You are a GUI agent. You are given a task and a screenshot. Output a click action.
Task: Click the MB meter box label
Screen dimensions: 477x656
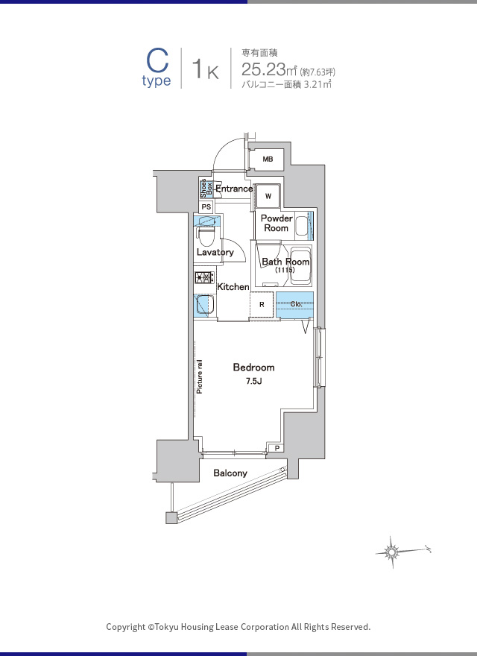(x=268, y=159)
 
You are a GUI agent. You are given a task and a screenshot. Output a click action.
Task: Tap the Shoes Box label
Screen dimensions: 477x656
(x=206, y=189)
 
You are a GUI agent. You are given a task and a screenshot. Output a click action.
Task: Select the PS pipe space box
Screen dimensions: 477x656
(x=206, y=206)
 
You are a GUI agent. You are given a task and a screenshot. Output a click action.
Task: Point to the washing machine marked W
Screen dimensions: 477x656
(x=268, y=196)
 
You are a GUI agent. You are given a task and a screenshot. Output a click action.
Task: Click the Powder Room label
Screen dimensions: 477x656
(x=277, y=223)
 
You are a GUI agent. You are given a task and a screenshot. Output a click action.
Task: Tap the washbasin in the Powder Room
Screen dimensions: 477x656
(x=302, y=226)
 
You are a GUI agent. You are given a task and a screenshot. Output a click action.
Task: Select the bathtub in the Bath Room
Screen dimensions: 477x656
(x=300, y=266)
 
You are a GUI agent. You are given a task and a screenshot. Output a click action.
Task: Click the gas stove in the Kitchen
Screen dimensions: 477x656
(x=204, y=277)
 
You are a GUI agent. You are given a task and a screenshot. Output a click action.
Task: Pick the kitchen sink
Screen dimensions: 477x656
(x=204, y=305)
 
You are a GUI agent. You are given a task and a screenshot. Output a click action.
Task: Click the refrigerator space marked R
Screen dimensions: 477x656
(x=262, y=305)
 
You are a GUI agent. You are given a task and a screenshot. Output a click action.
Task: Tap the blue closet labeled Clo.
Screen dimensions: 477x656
(x=295, y=305)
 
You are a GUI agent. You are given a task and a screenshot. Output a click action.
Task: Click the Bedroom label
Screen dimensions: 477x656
(x=254, y=368)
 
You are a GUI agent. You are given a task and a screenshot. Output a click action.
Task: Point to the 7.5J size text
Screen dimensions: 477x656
(x=254, y=381)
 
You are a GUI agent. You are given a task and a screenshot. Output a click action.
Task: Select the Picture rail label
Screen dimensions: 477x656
(x=200, y=376)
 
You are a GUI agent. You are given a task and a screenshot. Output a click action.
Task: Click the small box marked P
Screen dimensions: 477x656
(x=277, y=449)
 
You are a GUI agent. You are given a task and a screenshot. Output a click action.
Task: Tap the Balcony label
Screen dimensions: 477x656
(x=230, y=473)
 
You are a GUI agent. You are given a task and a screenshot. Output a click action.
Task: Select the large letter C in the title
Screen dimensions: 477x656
(x=157, y=61)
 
